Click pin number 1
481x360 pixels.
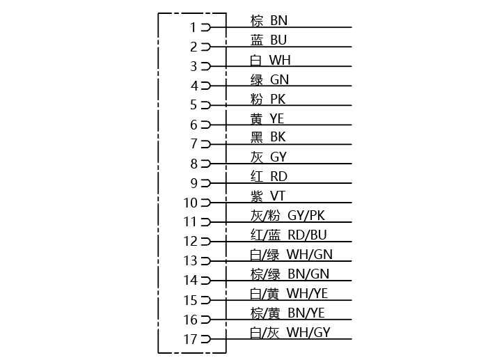coord(193,28)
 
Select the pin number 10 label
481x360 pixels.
coord(190,203)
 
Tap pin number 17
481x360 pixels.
coord(190,339)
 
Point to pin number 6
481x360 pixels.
coord(194,125)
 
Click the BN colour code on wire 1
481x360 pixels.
coord(279,21)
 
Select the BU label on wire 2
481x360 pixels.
coord(278,40)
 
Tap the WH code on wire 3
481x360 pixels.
coord(280,60)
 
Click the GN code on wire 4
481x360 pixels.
coord(279,79)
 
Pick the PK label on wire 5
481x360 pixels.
coord(278,99)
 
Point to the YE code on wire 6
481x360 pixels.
coord(277,119)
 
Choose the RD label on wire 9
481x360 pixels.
coord(279,176)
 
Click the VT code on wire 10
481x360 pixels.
coord(278,196)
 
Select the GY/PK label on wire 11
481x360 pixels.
coord(306,215)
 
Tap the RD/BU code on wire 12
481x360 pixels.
coord(308,235)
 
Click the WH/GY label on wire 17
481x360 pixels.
coord(308,332)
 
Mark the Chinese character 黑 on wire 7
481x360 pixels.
coord(257,137)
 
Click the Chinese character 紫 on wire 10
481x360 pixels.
coord(257,196)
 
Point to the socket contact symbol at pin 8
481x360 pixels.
coord(206,164)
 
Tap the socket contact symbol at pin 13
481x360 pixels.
coord(206,261)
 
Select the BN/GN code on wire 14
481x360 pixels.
coord(308,274)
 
